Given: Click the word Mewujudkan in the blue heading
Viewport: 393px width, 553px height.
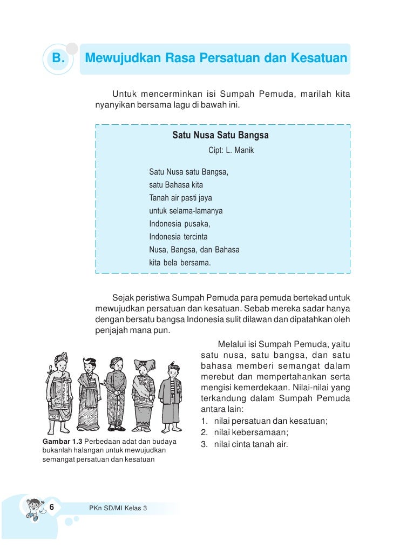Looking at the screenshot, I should point(120,58).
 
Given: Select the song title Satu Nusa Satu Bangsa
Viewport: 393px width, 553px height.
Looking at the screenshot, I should point(220,135).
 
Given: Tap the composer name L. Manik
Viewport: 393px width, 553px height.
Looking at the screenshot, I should point(240,150).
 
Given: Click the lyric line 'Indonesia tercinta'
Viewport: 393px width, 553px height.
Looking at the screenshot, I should point(178,237).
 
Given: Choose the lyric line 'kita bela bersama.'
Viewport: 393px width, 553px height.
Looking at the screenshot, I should point(180,263).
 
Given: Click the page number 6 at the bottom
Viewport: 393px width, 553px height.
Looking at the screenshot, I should point(52,507).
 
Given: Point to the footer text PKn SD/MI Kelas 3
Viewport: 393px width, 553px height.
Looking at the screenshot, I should point(118,508).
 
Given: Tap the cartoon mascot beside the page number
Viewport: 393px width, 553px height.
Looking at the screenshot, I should point(32,509).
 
